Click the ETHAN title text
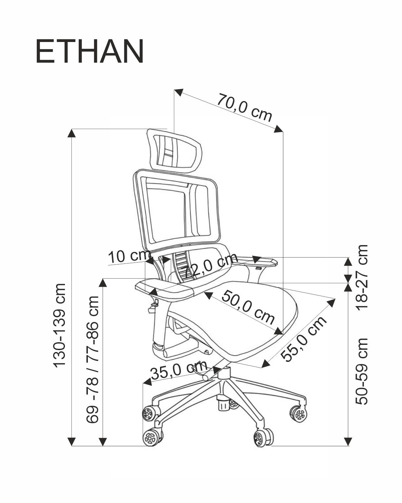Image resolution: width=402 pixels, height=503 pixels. click(89, 52)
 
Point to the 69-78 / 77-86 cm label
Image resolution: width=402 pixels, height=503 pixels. click(92, 360)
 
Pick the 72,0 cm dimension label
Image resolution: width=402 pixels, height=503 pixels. click(209, 266)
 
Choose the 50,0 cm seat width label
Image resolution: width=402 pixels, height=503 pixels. click(248, 307)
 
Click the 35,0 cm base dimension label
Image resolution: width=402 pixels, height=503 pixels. click(179, 371)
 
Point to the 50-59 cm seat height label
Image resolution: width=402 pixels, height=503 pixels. click(362, 371)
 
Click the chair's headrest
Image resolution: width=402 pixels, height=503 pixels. click(174, 151)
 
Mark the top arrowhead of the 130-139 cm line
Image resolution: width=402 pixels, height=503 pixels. click(72, 133)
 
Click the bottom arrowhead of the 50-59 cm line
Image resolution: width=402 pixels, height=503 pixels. click(348, 442)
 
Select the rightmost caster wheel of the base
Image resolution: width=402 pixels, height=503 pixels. click(299, 414)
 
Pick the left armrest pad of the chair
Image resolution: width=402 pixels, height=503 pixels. click(164, 289)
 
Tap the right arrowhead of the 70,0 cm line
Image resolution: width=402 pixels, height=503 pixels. click(279, 129)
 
